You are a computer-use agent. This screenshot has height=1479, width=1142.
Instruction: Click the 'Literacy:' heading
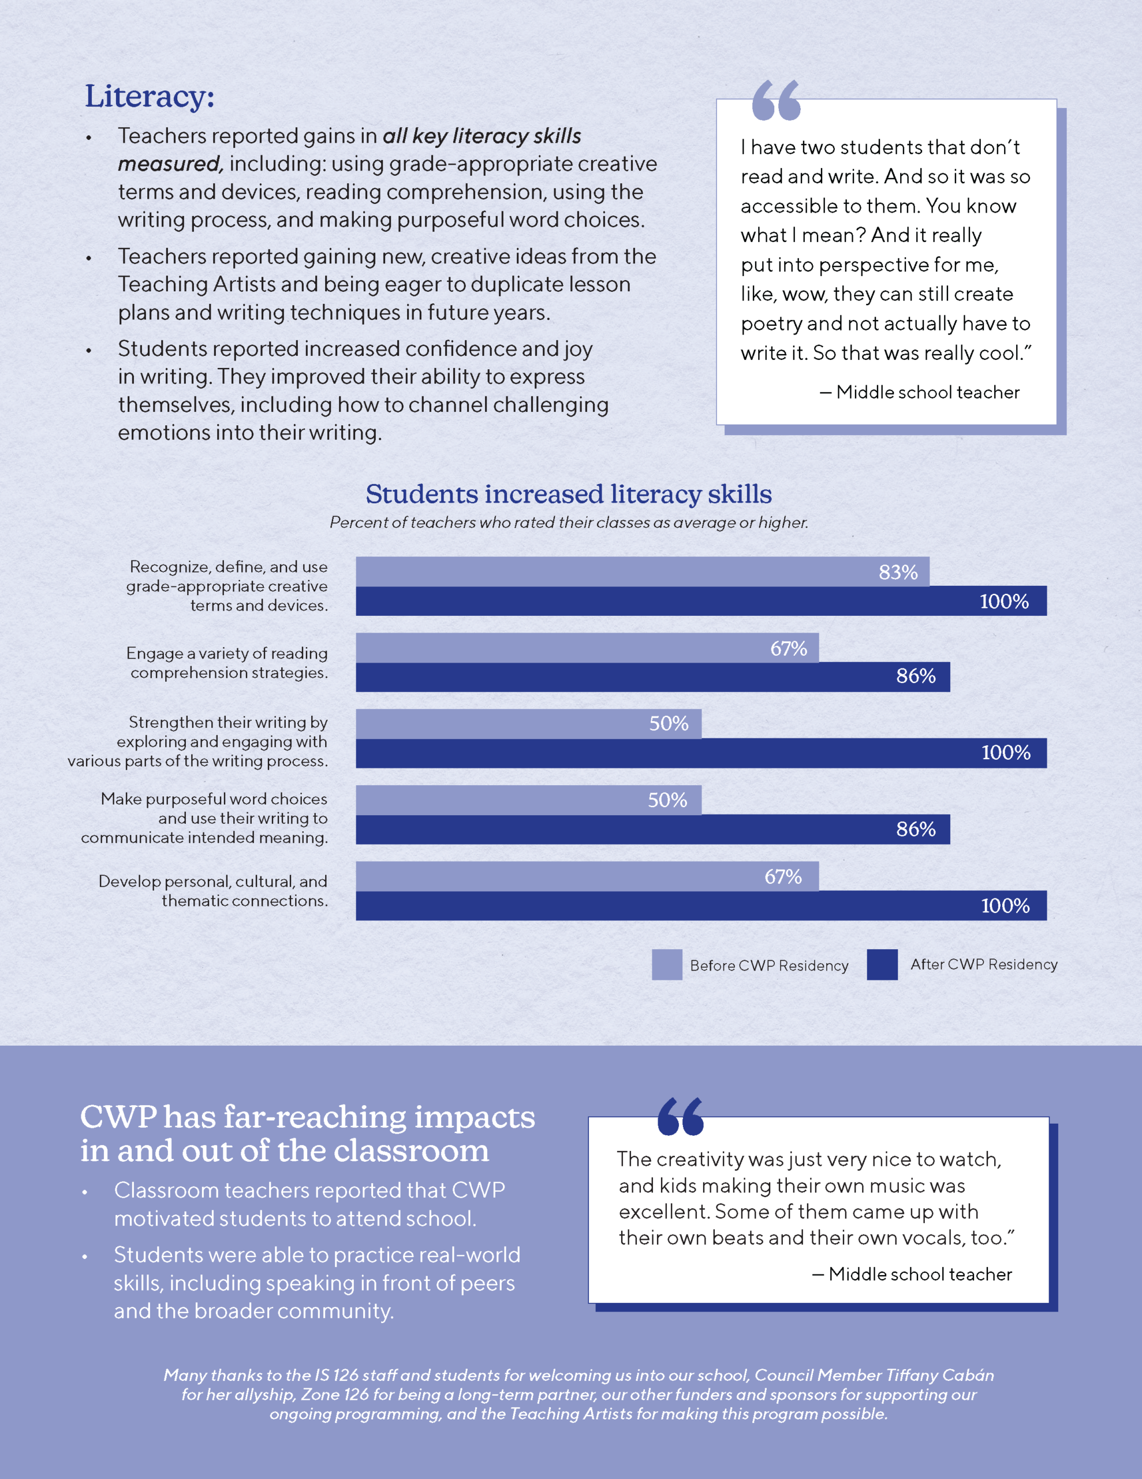click(x=149, y=96)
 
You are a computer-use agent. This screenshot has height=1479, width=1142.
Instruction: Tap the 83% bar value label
click(x=898, y=572)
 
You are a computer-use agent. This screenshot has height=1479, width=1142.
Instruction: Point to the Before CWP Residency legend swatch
click(x=666, y=964)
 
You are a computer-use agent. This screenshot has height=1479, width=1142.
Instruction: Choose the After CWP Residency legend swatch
click(x=882, y=964)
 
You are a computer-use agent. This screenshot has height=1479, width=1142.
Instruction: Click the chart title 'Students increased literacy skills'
click(x=569, y=495)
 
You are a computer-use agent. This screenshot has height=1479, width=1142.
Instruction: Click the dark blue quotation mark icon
click(x=680, y=1117)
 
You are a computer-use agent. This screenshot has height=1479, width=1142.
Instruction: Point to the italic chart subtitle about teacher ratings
click(x=569, y=522)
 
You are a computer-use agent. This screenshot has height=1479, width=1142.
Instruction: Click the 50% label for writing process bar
click(x=668, y=723)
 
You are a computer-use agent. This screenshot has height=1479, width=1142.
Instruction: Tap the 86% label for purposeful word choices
click(x=915, y=829)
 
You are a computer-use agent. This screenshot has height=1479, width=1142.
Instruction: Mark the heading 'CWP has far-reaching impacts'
click(x=307, y=1117)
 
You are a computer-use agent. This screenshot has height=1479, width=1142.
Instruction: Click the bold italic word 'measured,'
click(x=170, y=164)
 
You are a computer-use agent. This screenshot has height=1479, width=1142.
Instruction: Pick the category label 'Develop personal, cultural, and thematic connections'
click(x=212, y=890)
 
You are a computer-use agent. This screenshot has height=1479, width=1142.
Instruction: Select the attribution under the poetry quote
click(x=919, y=392)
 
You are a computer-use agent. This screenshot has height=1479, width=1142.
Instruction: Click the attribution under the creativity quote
click(x=912, y=1274)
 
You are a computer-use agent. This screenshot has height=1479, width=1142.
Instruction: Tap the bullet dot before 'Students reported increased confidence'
click(x=89, y=351)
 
